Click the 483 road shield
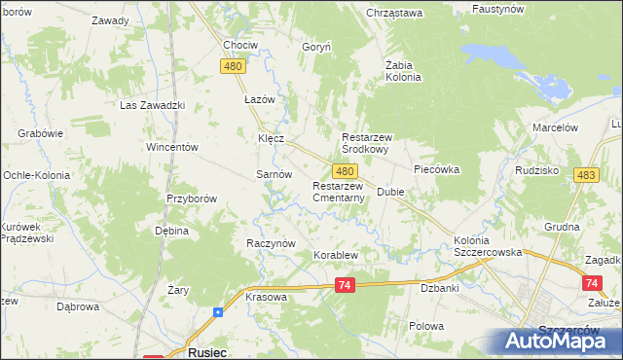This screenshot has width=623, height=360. coord(585,174)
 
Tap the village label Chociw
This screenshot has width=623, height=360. coord(240,46)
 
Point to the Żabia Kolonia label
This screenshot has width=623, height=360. coord(402,71)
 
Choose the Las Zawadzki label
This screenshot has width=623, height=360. coord(152,105)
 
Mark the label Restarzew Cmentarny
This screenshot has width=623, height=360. coord(339,192)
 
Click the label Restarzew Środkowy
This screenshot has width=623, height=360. coord(378,144)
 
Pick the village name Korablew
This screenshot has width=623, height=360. coord(336,256)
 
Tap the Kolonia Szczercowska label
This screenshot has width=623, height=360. coord(485,246)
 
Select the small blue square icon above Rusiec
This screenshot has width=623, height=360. coord(218,312)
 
